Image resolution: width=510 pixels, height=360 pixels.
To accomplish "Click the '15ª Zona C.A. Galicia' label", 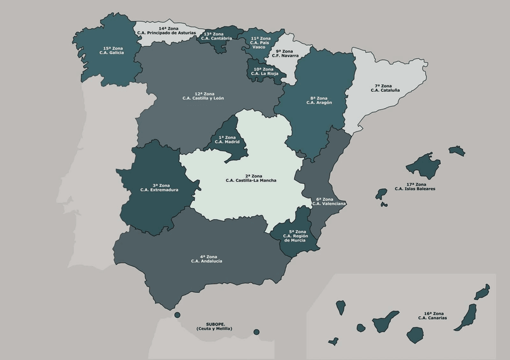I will coord(112,50).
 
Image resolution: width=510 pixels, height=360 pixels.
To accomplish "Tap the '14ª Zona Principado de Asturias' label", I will coord(166,30).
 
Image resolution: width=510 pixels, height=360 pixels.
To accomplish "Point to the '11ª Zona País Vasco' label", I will coord(260,43).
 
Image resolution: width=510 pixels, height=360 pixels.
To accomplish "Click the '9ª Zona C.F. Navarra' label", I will coord(287,53).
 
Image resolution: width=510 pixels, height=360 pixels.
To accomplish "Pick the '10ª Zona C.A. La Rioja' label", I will coord(263,71).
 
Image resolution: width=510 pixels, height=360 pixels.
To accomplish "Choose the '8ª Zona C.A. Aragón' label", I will coord(319,100).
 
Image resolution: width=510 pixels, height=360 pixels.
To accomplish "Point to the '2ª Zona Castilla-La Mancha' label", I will coord(251,178).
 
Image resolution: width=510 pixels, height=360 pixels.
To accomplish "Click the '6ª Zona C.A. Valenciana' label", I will coord(329,201).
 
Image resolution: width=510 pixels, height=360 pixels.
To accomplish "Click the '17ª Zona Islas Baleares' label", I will coord(416,186).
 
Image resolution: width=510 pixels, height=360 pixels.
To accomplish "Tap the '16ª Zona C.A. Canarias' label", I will coord(433,316).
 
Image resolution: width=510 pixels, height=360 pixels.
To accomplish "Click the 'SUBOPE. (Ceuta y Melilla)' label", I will coord(214,326).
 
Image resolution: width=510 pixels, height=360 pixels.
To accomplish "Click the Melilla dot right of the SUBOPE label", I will coord(256,332).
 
